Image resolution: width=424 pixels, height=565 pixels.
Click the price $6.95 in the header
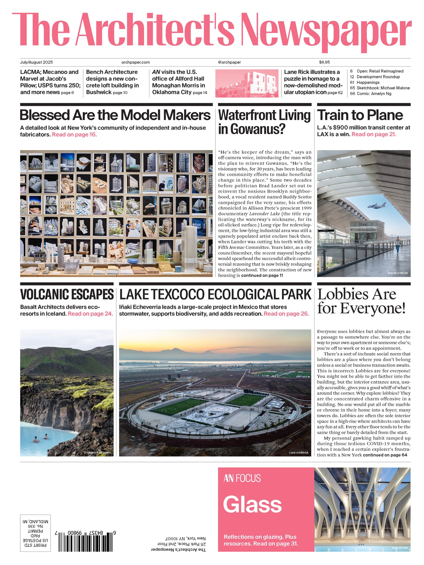coord(324,62)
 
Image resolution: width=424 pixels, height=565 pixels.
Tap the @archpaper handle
coord(229,62)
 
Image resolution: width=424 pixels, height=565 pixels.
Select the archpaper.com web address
coord(136,62)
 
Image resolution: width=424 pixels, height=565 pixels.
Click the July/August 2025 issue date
coord(36,62)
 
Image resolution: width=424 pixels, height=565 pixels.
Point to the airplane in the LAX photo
coord(377,206)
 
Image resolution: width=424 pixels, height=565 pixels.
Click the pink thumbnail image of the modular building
coord(247,83)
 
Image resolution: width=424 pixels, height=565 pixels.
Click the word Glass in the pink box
coord(252,504)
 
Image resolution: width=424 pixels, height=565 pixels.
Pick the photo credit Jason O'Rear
coord(397,273)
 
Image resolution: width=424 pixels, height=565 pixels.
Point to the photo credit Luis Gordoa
coord(299,452)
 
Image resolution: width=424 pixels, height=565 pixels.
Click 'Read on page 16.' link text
coord(74,135)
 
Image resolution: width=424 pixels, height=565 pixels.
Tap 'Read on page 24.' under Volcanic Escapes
coord(90,314)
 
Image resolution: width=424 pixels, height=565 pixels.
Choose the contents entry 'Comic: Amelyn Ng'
coord(374,94)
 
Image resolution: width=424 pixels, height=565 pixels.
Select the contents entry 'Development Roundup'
coord(378,77)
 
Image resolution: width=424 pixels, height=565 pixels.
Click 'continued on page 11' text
coord(262,275)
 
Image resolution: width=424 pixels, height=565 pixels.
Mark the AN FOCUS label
coord(242,479)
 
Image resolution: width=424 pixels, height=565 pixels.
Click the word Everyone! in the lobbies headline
coord(373,308)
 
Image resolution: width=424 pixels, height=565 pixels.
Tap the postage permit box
coord(35,533)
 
